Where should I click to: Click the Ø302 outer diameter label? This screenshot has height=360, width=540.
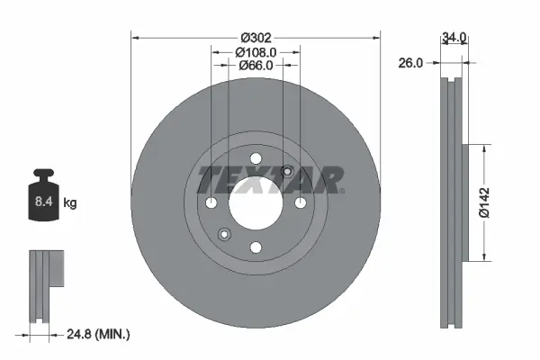click(x=256, y=38)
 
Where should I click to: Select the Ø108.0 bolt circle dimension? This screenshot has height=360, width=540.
click(x=256, y=52)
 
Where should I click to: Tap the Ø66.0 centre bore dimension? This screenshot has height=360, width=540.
click(x=256, y=67)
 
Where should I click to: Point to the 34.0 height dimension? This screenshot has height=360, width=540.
click(x=454, y=38)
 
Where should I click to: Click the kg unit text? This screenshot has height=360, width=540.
click(x=69, y=203)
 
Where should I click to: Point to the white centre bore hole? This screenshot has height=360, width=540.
click(x=256, y=202)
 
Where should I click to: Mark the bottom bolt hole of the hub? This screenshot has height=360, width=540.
click(x=256, y=247)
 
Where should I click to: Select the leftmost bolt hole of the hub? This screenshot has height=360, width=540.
click(x=211, y=202)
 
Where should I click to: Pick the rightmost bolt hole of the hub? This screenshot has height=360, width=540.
click(x=301, y=202)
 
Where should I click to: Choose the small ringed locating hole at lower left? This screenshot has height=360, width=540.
click(x=224, y=235)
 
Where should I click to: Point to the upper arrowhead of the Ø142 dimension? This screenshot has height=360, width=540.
click(x=487, y=149)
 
